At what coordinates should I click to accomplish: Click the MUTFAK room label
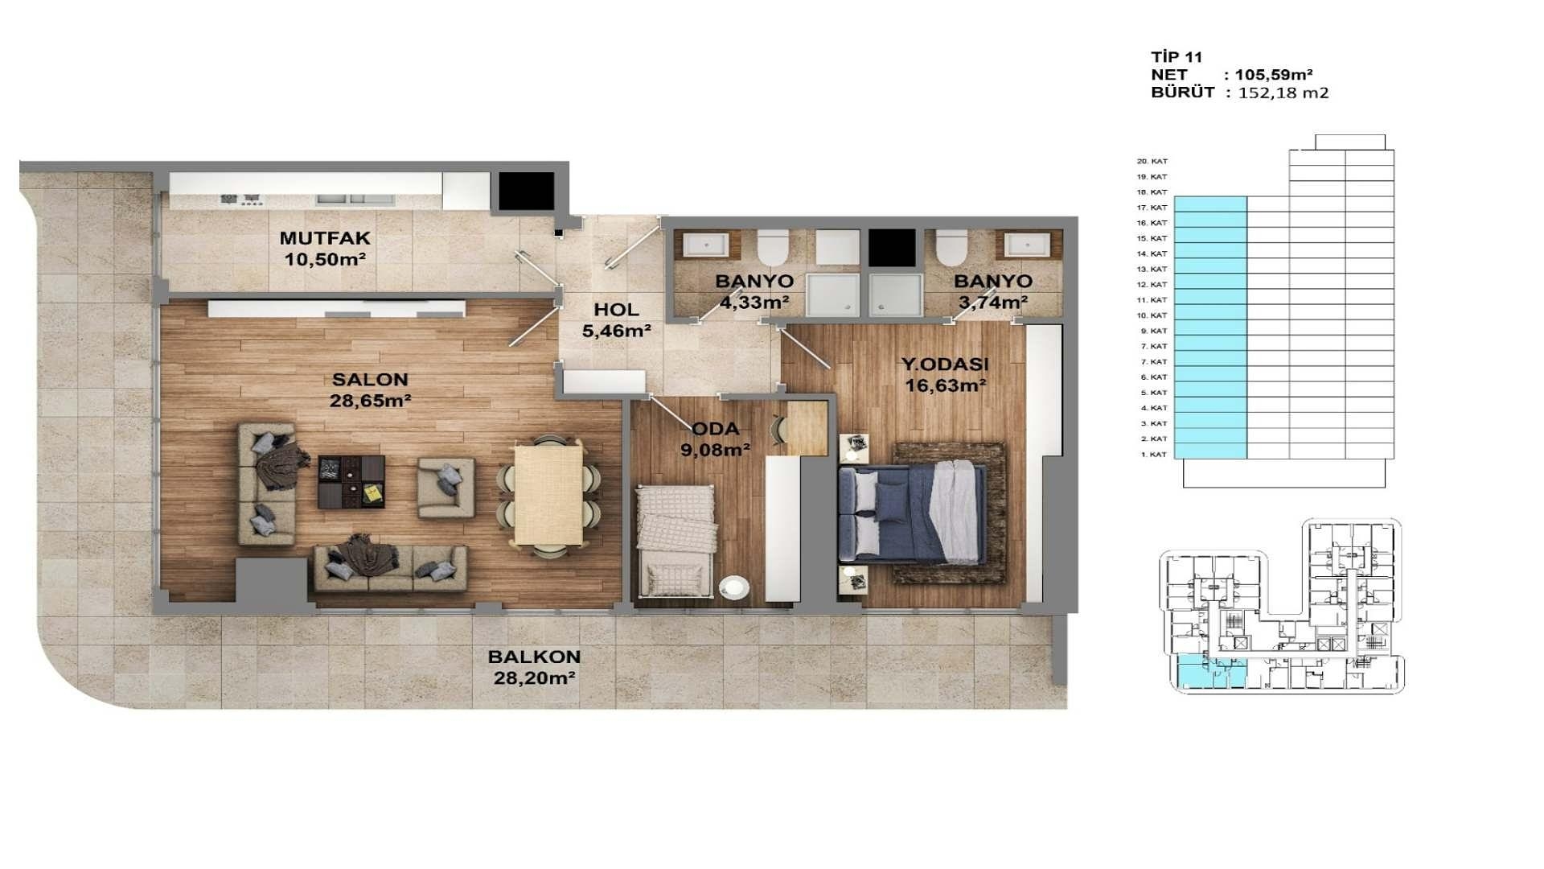[x=325, y=238]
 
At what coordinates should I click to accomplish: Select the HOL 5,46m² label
[x=616, y=319]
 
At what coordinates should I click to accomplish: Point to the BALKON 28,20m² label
[x=534, y=668]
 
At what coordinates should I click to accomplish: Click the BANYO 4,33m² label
[x=754, y=291]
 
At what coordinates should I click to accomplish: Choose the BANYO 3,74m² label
[x=992, y=291]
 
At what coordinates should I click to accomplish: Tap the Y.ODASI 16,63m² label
[x=945, y=375]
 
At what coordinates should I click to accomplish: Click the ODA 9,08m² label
[x=715, y=439]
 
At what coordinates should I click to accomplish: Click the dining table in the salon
[x=548, y=495]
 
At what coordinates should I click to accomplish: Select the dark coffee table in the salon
[x=351, y=482]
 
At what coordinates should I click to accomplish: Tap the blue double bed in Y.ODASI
[x=911, y=513]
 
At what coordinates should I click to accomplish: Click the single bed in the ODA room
[x=675, y=541]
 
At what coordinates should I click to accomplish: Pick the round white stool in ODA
[x=733, y=588]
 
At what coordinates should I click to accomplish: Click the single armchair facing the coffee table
[x=445, y=488]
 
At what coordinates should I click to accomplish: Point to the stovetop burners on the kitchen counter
[x=241, y=199]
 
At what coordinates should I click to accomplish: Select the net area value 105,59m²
[x=1274, y=75]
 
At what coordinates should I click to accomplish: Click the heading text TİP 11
[x=1176, y=57]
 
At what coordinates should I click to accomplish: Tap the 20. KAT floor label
[x=1152, y=162]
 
